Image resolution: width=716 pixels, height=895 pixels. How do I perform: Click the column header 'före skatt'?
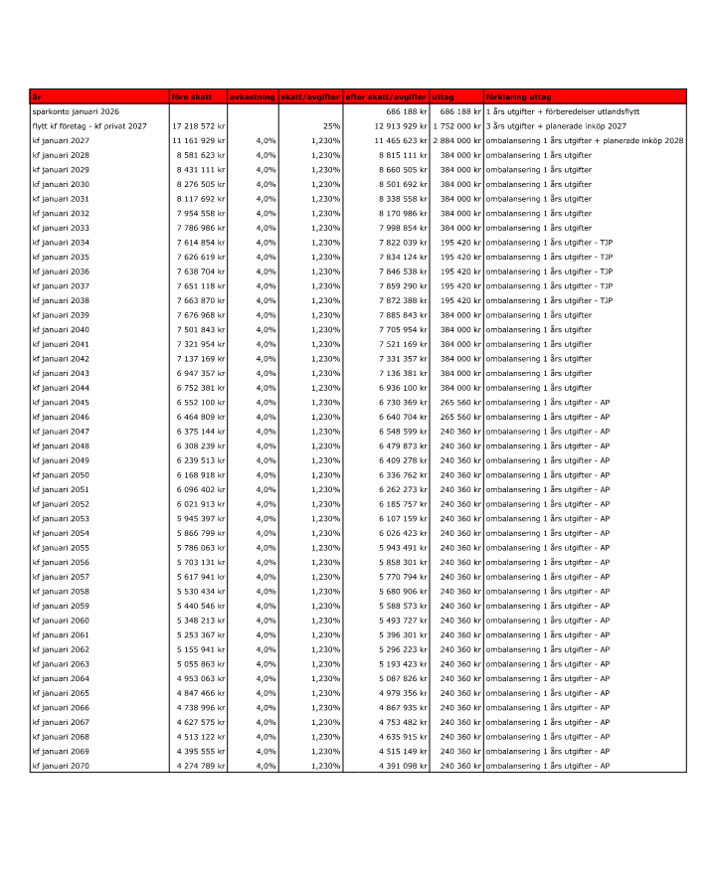[x=192, y=97]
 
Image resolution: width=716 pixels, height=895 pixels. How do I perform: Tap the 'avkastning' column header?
[x=253, y=97]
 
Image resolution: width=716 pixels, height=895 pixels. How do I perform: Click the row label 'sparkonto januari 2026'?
[x=75, y=112]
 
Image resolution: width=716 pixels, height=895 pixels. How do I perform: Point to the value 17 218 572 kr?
[x=199, y=126]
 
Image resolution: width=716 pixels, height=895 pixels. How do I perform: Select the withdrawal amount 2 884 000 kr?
[x=456, y=141]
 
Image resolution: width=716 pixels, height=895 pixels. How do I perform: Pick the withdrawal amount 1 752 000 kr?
[x=456, y=126]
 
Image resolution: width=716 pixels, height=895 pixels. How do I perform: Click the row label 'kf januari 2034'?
[x=61, y=243]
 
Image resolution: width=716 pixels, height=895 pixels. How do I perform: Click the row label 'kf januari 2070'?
[x=61, y=765]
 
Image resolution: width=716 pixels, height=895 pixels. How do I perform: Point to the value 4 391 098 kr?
[x=403, y=765]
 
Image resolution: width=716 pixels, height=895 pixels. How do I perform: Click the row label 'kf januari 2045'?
[x=61, y=402]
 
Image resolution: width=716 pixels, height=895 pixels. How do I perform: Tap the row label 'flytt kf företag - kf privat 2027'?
[x=89, y=126]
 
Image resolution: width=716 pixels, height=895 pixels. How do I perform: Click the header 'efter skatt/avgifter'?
[x=386, y=97]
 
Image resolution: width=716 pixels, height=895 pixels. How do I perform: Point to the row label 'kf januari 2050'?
[x=61, y=474]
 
